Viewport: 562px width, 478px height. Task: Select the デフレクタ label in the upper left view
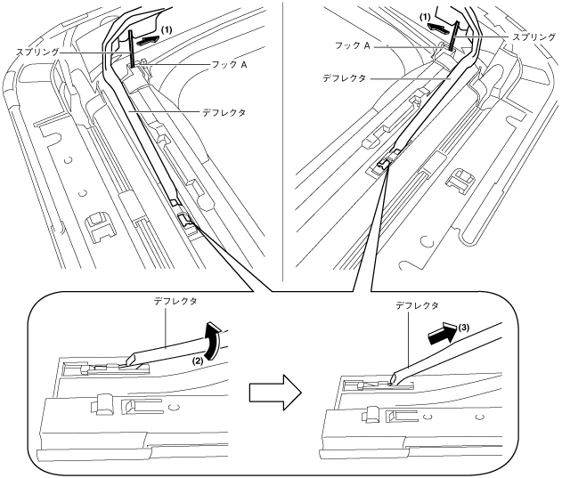[223, 113]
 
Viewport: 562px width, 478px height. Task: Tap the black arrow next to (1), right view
[436, 28]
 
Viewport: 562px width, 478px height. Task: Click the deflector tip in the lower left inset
[132, 361]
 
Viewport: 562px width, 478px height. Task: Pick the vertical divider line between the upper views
[281, 134]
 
